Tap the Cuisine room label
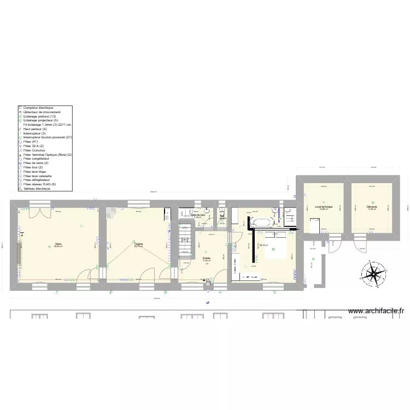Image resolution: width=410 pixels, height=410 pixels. click(138, 245)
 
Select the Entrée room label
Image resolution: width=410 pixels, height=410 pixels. click(206, 259)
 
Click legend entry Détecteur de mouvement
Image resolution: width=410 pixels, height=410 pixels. click(46, 112)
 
